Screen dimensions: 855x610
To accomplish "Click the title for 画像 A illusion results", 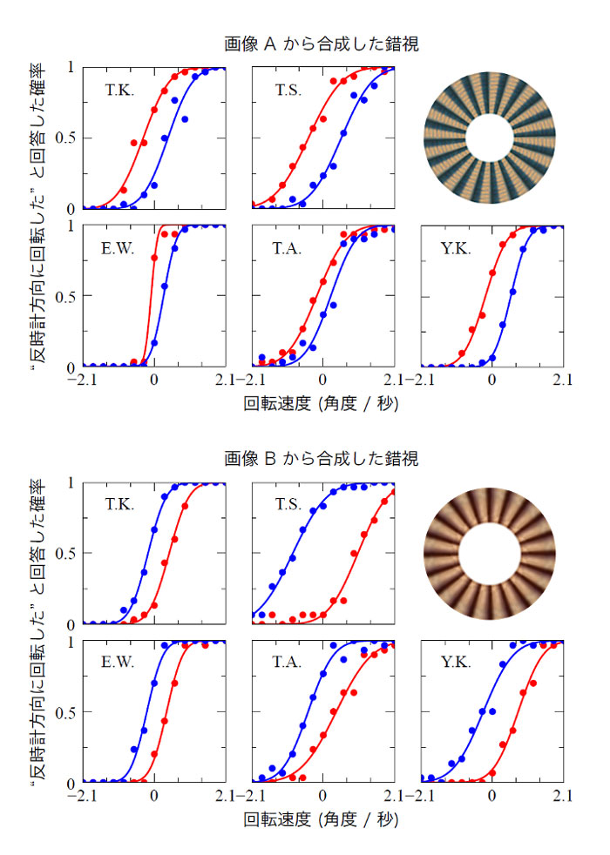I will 320,43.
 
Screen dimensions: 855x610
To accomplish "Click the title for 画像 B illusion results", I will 320,458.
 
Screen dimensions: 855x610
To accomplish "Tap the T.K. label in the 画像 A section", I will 119,90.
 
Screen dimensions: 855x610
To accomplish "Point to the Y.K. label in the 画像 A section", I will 457,249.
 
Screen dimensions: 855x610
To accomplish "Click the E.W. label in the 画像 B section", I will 118,663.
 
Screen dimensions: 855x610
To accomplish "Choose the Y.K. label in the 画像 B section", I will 457,663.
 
